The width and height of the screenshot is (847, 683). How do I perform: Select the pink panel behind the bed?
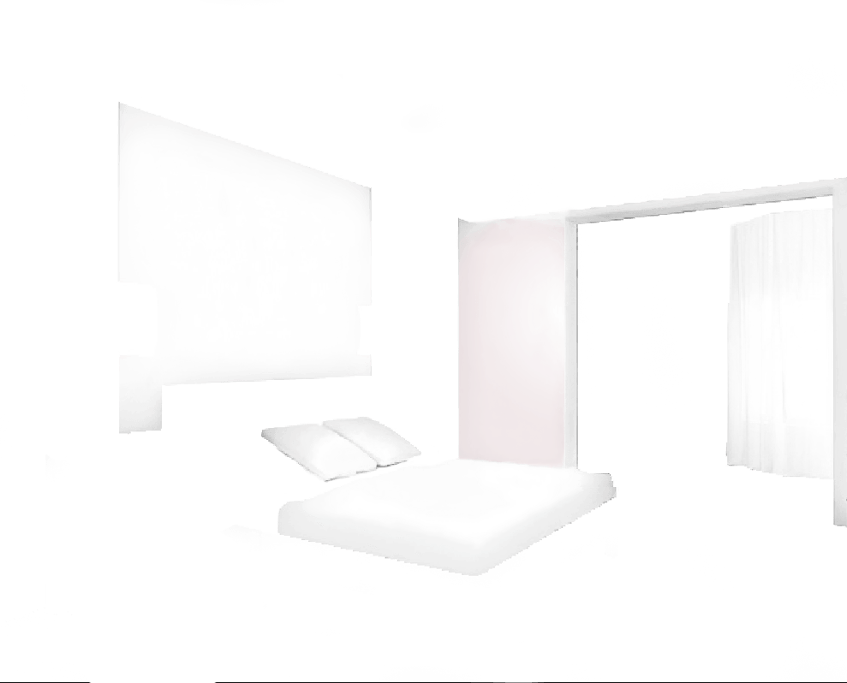[511, 342]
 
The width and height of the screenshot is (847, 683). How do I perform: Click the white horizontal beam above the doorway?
[702, 200]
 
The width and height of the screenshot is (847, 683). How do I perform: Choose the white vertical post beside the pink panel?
[570, 342]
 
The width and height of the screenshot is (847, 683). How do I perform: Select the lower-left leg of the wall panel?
[140, 407]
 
